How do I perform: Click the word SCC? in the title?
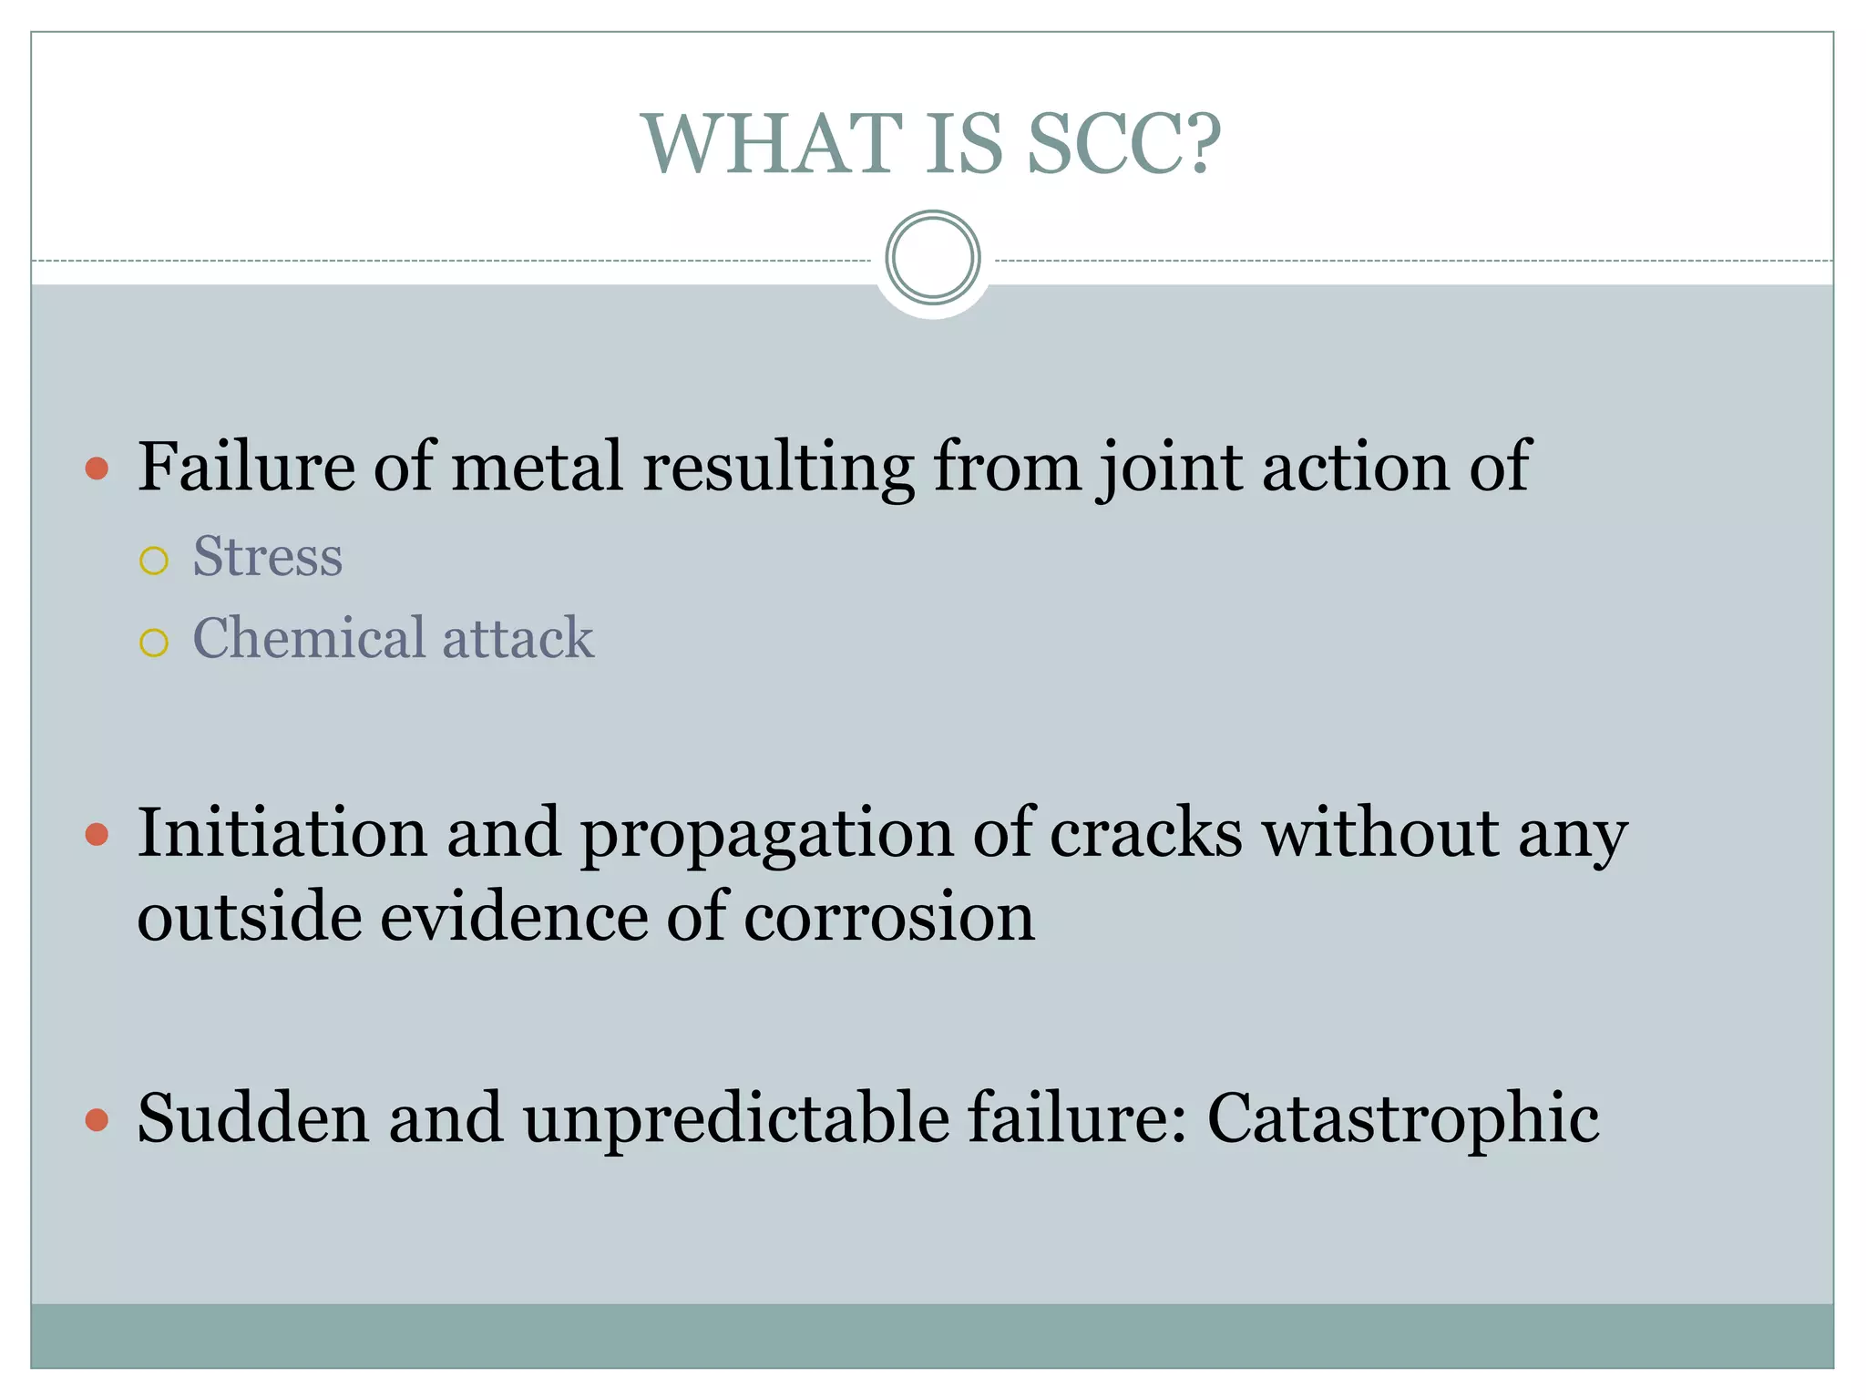pyautogui.click(x=1123, y=144)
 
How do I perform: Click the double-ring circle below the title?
pyautogui.click(x=933, y=257)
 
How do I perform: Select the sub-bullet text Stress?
pyautogui.click(x=268, y=556)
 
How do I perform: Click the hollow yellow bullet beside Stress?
pyautogui.click(x=154, y=561)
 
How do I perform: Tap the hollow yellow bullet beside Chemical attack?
pyautogui.click(x=154, y=643)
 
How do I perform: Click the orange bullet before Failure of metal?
pyautogui.click(x=97, y=469)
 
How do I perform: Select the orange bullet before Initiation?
pyautogui.click(x=97, y=835)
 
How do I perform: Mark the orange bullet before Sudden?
pyautogui.click(x=97, y=1120)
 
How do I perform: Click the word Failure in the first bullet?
pyautogui.click(x=246, y=466)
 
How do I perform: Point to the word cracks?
pyautogui.click(x=1146, y=832)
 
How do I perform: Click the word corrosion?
pyautogui.click(x=889, y=916)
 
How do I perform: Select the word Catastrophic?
pyautogui.click(x=1403, y=1118)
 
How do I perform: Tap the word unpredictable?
pyautogui.click(x=735, y=1118)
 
